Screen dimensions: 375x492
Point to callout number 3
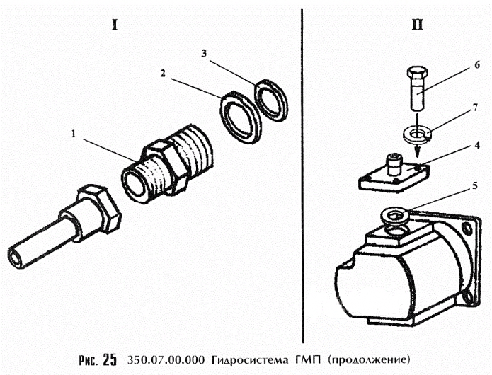204,53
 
